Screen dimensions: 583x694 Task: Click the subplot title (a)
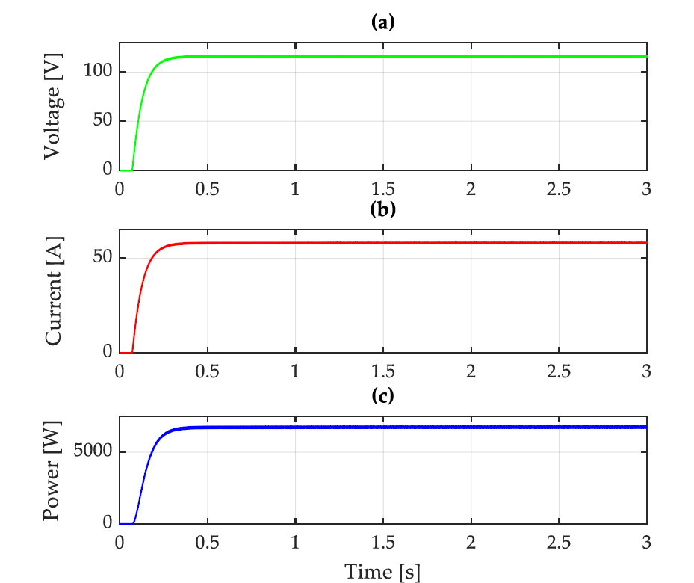pyautogui.click(x=382, y=23)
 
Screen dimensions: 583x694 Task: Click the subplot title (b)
pyautogui.click(x=382, y=209)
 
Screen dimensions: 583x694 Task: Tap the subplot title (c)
pyautogui.click(x=382, y=396)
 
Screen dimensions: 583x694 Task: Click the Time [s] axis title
pyautogui.click(x=382, y=572)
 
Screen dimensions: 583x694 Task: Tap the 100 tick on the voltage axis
pyautogui.click(x=99, y=72)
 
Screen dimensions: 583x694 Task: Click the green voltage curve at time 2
pyautogui.click(x=471, y=56)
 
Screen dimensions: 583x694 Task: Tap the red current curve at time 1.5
pyautogui.click(x=382, y=243)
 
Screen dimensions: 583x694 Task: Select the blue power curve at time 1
pyautogui.click(x=295, y=428)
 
